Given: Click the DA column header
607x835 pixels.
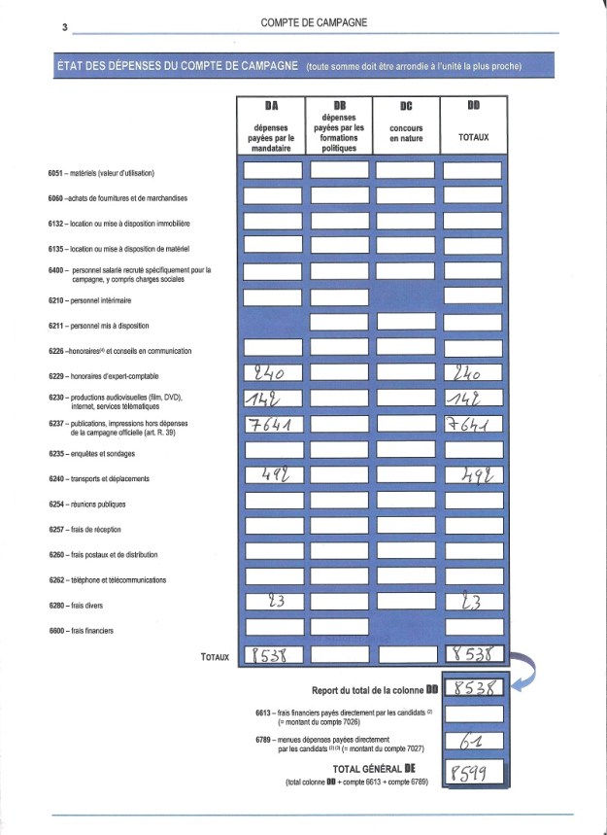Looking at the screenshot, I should (x=272, y=124).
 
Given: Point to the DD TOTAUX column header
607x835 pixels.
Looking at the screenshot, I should (x=473, y=123).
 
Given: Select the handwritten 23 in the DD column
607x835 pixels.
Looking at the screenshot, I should (x=472, y=602).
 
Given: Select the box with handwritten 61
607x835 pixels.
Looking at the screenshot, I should (x=472, y=744).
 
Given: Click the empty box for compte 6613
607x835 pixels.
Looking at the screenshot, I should (x=472, y=715).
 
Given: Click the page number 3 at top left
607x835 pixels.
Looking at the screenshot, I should (x=64, y=28).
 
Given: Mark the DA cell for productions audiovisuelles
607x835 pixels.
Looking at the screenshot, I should (x=272, y=398).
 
